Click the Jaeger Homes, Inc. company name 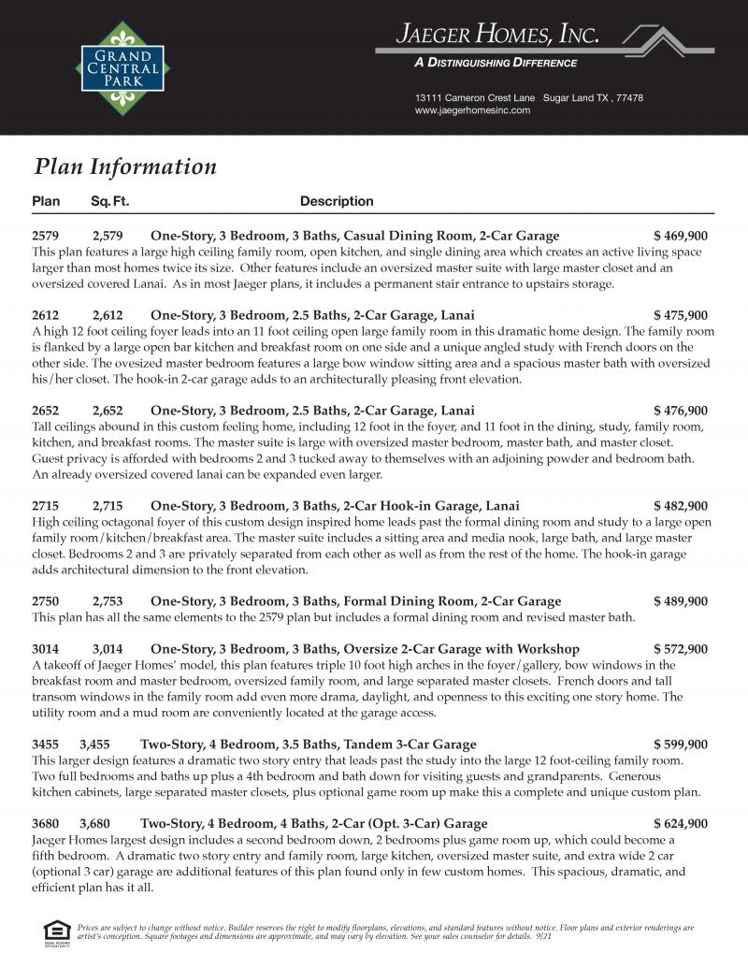(x=496, y=36)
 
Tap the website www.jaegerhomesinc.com (x=472, y=110)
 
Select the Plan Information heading (x=125, y=166)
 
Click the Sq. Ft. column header (x=109, y=201)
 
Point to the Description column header (x=337, y=201)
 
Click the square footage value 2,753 (x=108, y=601)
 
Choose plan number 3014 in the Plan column (x=46, y=649)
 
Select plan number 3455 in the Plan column (x=46, y=744)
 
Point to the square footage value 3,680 (x=95, y=824)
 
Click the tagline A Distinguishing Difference (x=496, y=64)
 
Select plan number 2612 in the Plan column (x=46, y=315)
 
